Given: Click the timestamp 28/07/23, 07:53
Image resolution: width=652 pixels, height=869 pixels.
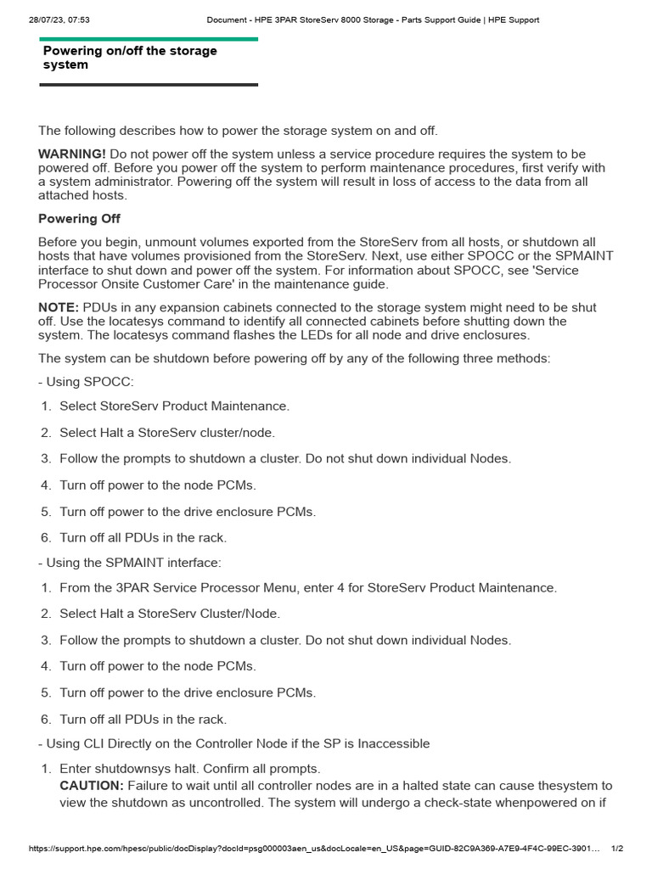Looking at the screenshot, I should [53, 20].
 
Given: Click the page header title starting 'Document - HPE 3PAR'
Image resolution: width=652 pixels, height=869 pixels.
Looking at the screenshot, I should [373, 20].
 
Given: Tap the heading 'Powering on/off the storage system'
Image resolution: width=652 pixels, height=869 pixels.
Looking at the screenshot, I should [130, 58].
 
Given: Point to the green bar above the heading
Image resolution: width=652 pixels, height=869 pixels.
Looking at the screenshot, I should [149, 39].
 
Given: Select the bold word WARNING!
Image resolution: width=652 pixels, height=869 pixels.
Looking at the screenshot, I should [72, 154].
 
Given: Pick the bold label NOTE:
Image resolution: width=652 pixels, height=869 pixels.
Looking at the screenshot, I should [59, 307].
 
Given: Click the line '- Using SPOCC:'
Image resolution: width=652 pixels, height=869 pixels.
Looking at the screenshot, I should [86, 382].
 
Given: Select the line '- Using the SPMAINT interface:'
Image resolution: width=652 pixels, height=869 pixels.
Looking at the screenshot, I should [130, 562].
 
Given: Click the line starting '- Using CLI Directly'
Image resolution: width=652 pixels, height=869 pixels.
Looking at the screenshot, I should [234, 743].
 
